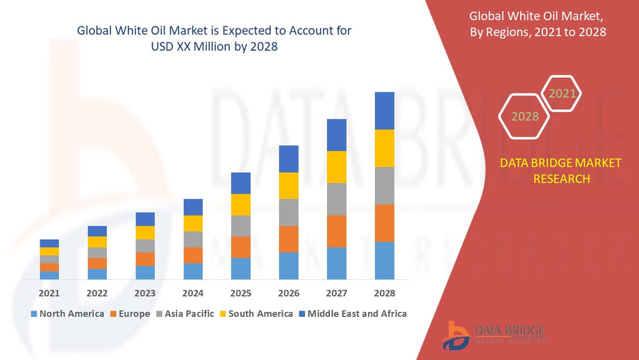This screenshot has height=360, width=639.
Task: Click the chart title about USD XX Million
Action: (x=214, y=38)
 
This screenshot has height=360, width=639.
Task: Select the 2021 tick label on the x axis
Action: (x=49, y=293)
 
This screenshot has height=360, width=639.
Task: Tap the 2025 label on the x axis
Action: (x=240, y=293)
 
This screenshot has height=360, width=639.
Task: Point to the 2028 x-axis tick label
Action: (x=384, y=293)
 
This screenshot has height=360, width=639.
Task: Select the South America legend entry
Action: (x=255, y=314)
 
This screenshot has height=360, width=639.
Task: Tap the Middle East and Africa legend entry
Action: (x=351, y=314)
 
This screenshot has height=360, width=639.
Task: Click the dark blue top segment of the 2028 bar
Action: (x=384, y=111)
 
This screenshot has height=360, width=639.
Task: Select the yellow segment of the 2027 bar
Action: (x=336, y=167)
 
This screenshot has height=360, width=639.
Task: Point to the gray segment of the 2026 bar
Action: (x=288, y=212)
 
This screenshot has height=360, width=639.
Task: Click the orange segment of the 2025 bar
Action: (x=240, y=247)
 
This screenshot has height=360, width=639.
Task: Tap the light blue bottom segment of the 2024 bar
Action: (x=193, y=271)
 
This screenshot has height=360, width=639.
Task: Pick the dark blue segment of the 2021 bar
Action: (x=49, y=243)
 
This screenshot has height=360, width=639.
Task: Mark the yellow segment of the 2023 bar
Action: (x=145, y=233)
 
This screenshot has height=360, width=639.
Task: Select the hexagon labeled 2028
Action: (x=525, y=116)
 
